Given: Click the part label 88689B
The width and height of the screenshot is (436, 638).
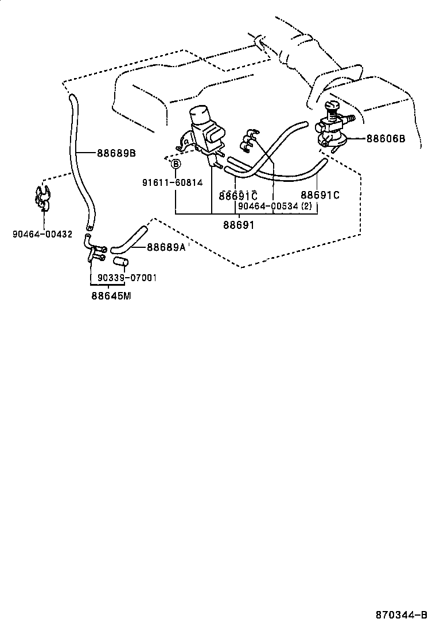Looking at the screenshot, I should click(x=116, y=153).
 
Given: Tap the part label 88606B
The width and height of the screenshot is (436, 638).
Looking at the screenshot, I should click(x=386, y=139).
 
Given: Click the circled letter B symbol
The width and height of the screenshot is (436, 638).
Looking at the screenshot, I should click(x=177, y=165).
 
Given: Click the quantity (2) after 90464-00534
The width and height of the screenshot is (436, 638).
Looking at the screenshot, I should click(x=306, y=206).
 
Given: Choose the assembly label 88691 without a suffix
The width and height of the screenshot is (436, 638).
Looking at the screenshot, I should click(x=239, y=225).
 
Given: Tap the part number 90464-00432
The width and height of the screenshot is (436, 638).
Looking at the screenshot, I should click(x=42, y=234).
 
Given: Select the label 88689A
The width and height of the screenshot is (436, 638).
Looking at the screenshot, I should click(x=166, y=247).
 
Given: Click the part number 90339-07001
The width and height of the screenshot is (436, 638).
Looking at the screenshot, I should click(x=127, y=278).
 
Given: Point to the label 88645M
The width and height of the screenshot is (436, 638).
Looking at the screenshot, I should click(x=111, y=296).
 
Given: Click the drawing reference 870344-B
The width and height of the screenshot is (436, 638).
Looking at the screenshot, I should click(x=402, y=615).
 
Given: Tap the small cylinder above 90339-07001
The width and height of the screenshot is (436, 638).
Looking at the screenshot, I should click(x=119, y=263).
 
